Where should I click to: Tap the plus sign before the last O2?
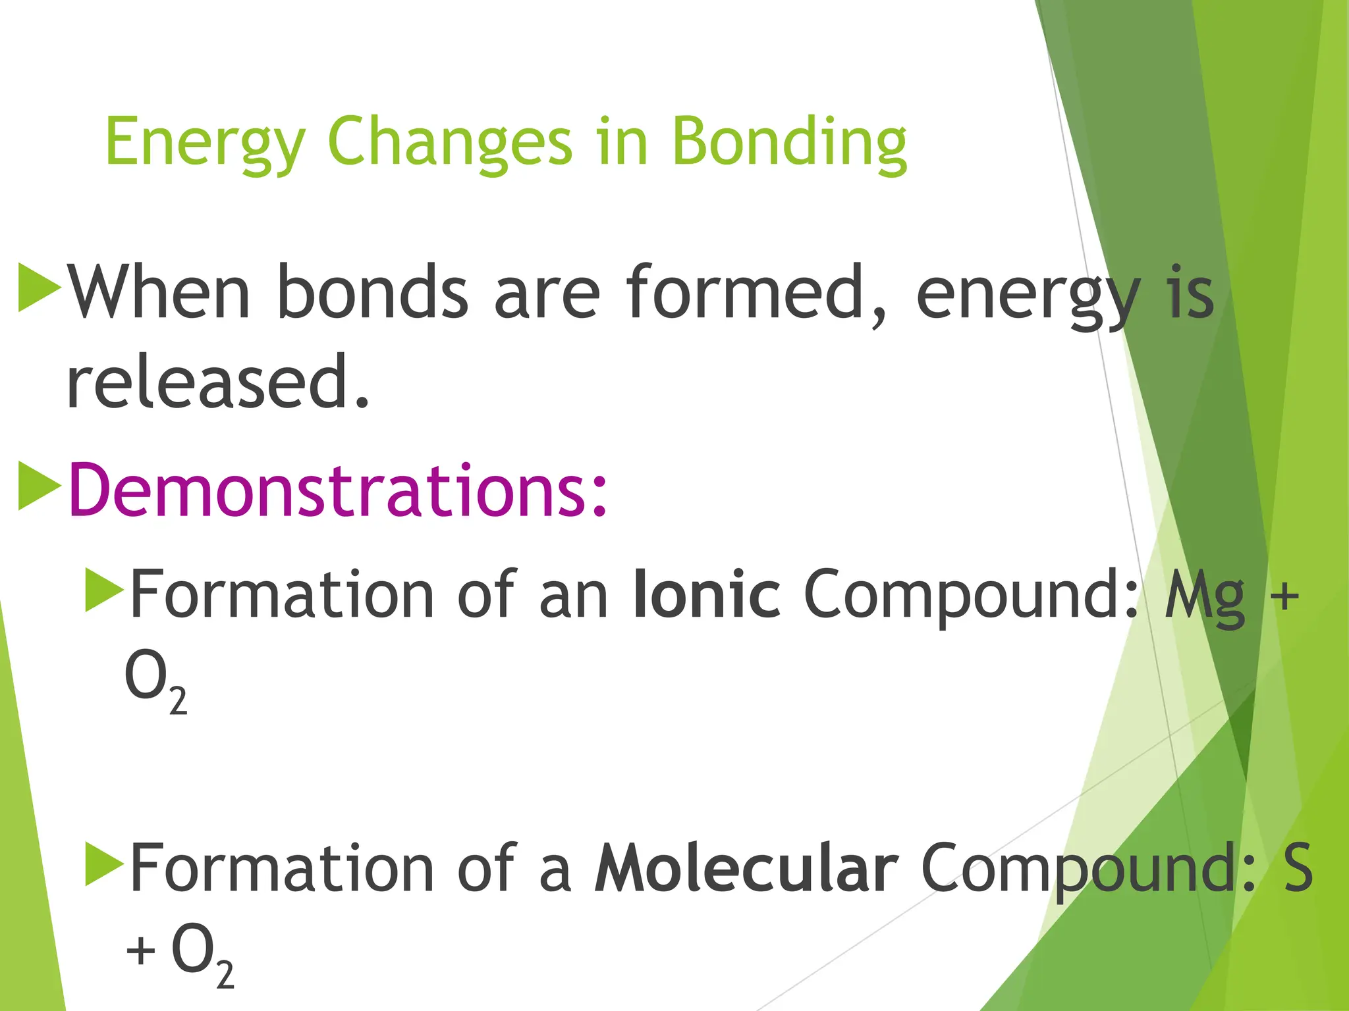(x=140, y=951)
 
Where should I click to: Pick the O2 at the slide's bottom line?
(x=202, y=954)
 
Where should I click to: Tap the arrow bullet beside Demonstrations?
(x=39, y=486)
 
